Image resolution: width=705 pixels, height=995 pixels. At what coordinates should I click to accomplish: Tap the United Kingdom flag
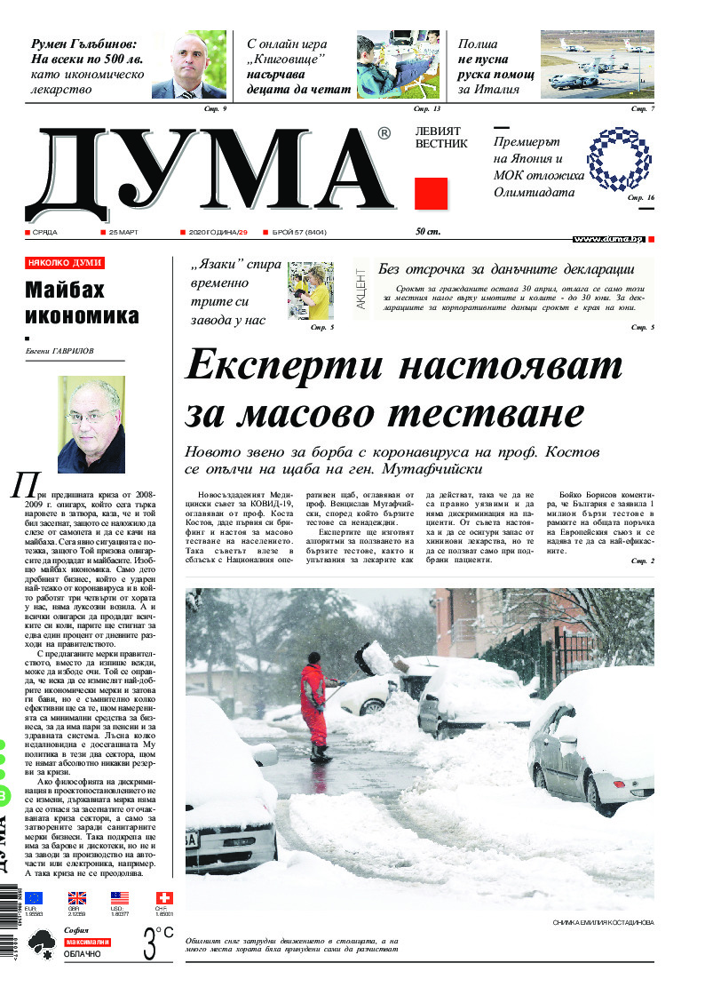pyautogui.click(x=77, y=898)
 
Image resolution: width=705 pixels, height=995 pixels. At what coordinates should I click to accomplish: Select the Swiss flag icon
pyautogui.click(x=163, y=898)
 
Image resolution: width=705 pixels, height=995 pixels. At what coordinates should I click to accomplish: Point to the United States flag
pyautogui.click(x=120, y=898)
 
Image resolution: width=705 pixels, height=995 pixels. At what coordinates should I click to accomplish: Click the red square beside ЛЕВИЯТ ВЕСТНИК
pyautogui.click(x=431, y=193)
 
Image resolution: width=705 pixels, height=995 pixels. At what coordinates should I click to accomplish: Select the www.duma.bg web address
pyautogui.click(x=607, y=240)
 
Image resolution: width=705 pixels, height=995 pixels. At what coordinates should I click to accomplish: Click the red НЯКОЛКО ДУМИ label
pyautogui.click(x=65, y=263)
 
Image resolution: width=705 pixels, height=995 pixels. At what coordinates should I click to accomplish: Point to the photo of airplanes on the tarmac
pyautogui.click(x=597, y=66)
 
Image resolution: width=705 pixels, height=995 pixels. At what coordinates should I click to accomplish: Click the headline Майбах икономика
pyautogui.click(x=82, y=302)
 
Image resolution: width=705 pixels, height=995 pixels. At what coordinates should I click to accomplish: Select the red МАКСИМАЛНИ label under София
pyautogui.click(x=87, y=941)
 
